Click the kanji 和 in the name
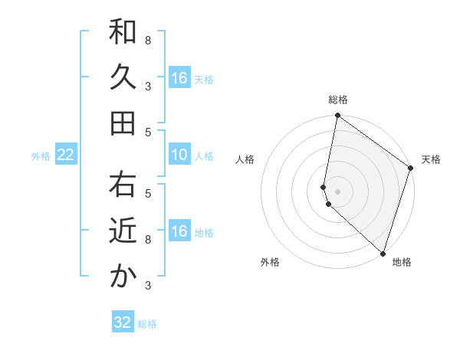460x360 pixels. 123,32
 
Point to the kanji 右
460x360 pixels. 123,185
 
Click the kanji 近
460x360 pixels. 123,231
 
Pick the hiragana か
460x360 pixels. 123,276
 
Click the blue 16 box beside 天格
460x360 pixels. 179,77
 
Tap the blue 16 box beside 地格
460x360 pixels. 179,231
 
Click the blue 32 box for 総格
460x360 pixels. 123,322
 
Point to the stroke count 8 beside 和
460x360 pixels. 148,40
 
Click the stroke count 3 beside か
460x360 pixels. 148,286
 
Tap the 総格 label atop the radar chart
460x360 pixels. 338,100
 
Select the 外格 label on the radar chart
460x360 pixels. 270,262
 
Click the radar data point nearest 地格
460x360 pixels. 383,253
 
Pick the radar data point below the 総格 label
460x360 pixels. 337,116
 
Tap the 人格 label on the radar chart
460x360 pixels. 245,159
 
